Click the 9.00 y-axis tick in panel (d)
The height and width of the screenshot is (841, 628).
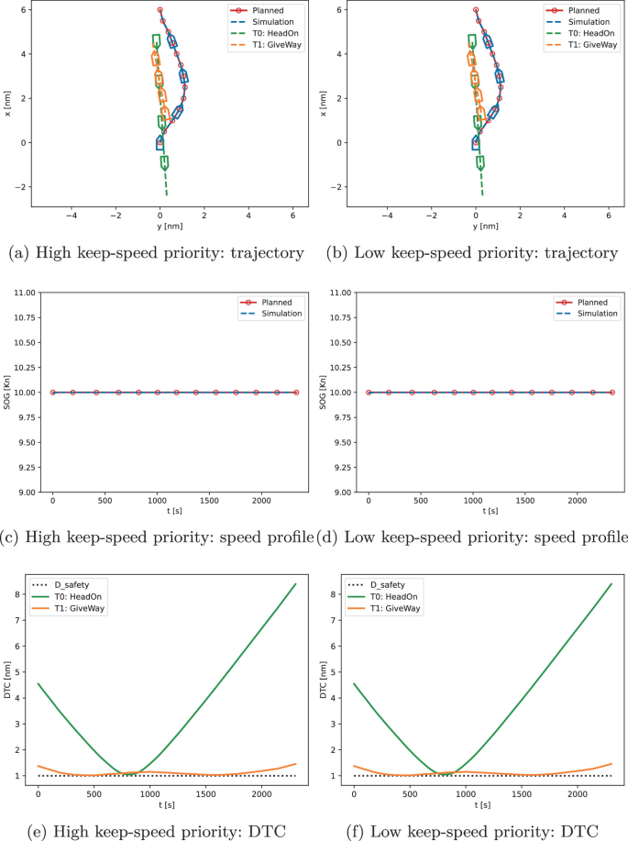coord(340,492)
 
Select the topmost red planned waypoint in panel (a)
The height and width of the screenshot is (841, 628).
coord(160,10)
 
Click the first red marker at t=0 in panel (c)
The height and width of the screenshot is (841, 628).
coord(52,393)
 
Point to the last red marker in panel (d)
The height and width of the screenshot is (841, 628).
coord(612,393)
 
